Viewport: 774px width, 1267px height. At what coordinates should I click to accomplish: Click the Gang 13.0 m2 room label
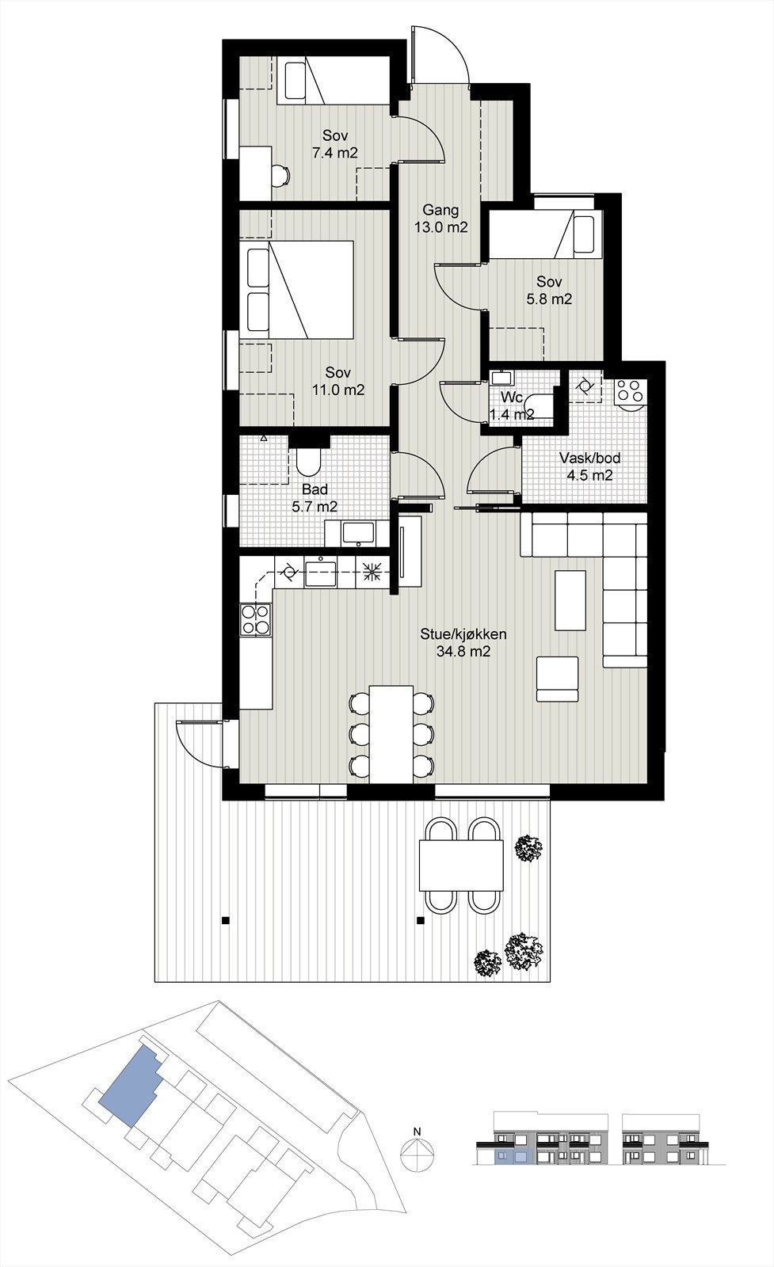(x=440, y=219)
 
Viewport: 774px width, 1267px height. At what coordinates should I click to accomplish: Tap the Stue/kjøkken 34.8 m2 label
(x=463, y=643)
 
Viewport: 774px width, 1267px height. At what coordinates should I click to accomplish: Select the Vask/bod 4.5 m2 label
(x=589, y=467)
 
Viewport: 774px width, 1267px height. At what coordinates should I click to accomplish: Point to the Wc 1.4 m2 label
(x=510, y=405)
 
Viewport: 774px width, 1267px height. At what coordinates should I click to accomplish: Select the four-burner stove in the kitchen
(x=255, y=618)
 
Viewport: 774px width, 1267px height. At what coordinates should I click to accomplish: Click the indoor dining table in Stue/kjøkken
(x=391, y=732)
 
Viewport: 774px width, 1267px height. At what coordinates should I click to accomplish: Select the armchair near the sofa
(x=559, y=679)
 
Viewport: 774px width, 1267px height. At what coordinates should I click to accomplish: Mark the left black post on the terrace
(x=226, y=920)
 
